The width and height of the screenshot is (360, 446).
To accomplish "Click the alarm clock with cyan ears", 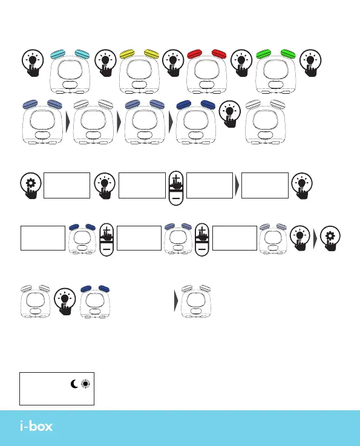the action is tap(70, 71).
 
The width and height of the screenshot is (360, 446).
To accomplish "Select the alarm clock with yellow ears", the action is tap(139, 71).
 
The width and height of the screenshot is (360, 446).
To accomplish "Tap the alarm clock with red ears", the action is tap(207, 71).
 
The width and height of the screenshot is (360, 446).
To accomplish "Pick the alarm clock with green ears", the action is tap(275, 71).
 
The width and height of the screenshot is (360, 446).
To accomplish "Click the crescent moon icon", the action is tap(74, 384).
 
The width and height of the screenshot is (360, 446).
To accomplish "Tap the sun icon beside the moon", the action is tap(85, 384).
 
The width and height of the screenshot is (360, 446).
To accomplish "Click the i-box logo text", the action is tap(36, 426).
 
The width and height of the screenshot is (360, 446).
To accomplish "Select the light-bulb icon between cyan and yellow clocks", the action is tap(105, 63).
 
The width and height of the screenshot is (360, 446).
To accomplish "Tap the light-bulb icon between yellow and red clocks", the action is tap(173, 63).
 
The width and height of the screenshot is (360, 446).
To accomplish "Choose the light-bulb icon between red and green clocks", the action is tap(241, 63).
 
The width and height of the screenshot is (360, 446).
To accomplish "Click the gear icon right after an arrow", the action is tap(330, 238).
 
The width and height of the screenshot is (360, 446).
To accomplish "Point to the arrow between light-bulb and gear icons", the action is tap(315, 238).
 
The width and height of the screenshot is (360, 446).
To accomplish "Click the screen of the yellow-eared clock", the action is tap(139, 70).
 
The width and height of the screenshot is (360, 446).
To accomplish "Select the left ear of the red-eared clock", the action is tap(194, 54).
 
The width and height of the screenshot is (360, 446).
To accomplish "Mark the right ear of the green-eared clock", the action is tap(288, 53).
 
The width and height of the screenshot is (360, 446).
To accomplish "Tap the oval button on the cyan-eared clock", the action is tap(70, 85).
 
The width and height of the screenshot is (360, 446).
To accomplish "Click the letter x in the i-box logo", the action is tap(48, 427).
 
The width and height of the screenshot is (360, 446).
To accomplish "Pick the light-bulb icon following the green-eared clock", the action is tap(310, 63).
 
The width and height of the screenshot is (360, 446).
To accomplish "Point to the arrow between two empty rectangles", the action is tap(237, 185).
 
